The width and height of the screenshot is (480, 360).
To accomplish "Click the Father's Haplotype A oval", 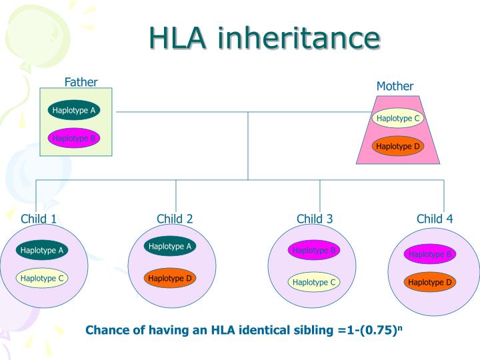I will pyautogui.click(x=74, y=110).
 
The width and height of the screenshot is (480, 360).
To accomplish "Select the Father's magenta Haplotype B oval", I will pyautogui.click(x=74, y=138).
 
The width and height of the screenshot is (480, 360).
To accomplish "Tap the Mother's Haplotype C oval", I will pyautogui.click(x=398, y=119).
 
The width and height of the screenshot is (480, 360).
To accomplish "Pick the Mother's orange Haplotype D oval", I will pyautogui.click(x=398, y=146).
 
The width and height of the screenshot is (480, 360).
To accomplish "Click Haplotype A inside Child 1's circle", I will pyautogui.click(x=42, y=251).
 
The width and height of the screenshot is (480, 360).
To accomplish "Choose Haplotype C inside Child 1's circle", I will pyautogui.click(x=42, y=278).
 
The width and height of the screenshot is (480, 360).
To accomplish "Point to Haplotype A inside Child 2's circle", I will pyautogui.click(x=170, y=246).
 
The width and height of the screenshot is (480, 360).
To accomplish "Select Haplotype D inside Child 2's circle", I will pyautogui.click(x=170, y=278).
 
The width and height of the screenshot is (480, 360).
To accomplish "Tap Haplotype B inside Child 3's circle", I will pyautogui.click(x=314, y=250).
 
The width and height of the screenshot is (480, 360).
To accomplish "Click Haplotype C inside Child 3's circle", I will pyautogui.click(x=314, y=282).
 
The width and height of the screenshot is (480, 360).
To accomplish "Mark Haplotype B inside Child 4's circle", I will pyautogui.click(x=430, y=254).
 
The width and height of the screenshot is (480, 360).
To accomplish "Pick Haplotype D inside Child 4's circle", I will pyautogui.click(x=430, y=282).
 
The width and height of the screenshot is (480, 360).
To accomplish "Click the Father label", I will pyautogui.click(x=81, y=82).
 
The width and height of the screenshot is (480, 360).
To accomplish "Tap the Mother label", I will pyautogui.click(x=395, y=86).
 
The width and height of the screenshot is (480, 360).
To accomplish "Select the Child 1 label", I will pyautogui.click(x=39, y=219).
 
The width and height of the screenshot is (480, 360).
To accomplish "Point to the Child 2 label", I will pyautogui.click(x=175, y=219).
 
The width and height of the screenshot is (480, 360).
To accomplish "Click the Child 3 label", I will pyautogui.click(x=315, y=219).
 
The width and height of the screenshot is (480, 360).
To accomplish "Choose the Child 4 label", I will pyautogui.click(x=435, y=219).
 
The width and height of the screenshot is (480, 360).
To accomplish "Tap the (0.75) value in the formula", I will pyautogui.click(x=380, y=330).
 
